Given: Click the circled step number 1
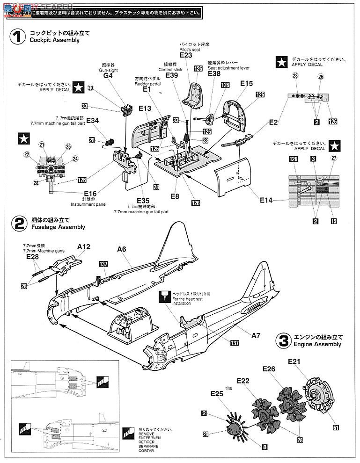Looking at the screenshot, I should (17, 36).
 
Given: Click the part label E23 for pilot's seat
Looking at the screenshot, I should (185, 55).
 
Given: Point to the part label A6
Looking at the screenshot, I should (122, 250).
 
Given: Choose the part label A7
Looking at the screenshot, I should (256, 335).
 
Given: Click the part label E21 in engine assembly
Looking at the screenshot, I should (294, 361).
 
